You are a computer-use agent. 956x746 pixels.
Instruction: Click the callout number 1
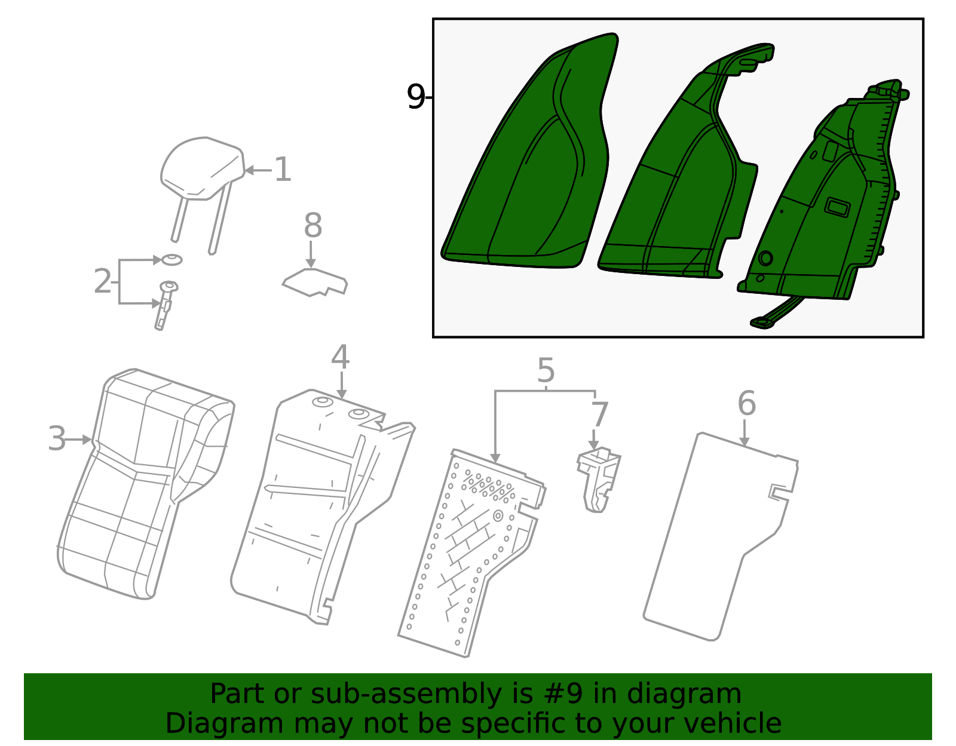[x=283, y=169]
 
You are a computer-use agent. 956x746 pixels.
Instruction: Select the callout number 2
[x=103, y=281]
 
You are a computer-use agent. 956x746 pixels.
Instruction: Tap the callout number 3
[x=57, y=438]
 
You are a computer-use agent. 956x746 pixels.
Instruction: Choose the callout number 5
[x=546, y=370]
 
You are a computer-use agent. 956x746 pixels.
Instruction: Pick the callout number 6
[x=747, y=403]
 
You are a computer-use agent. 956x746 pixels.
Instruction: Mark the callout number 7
[x=599, y=415]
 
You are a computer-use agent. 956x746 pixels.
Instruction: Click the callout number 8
[x=313, y=225]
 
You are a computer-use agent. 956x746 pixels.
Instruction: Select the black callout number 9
[x=415, y=97]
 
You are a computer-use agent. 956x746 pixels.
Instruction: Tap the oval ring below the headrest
[x=171, y=260]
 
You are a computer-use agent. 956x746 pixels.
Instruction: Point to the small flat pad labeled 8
[x=315, y=282]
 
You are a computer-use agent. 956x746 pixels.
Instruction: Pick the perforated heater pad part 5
[x=471, y=554]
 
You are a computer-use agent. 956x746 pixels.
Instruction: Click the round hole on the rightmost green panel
[x=765, y=258]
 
